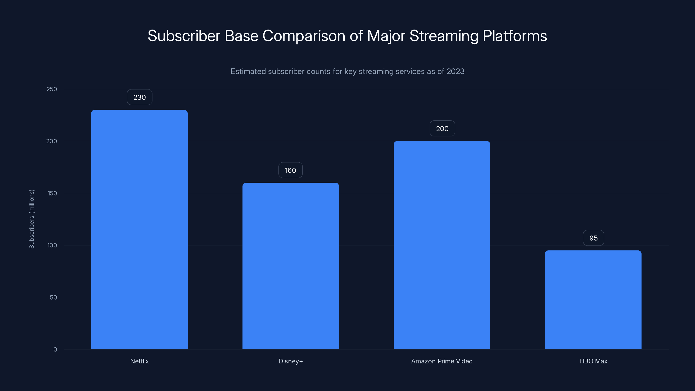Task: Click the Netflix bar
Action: tap(139, 229)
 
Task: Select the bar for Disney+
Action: tap(291, 266)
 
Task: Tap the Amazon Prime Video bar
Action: tap(442, 245)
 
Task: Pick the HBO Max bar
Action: tap(593, 300)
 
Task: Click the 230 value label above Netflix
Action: tap(139, 97)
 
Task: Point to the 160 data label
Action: tap(290, 170)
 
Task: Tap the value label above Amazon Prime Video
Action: tap(442, 128)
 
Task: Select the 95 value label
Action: tap(593, 238)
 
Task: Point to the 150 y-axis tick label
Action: tap(52, 193)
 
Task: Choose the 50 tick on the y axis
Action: tap(53, 297)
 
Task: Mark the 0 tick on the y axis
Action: tap(55, 350)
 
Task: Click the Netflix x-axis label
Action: tap(139, 361)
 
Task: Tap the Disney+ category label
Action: tap(291, 361)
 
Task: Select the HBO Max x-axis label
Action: tap(593, 361)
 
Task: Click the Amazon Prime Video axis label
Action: tap(442, 361)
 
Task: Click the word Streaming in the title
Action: tap(444, 36)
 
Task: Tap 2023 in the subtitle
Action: tap(455, 71)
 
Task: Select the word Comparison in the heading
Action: tap(304, 36)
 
